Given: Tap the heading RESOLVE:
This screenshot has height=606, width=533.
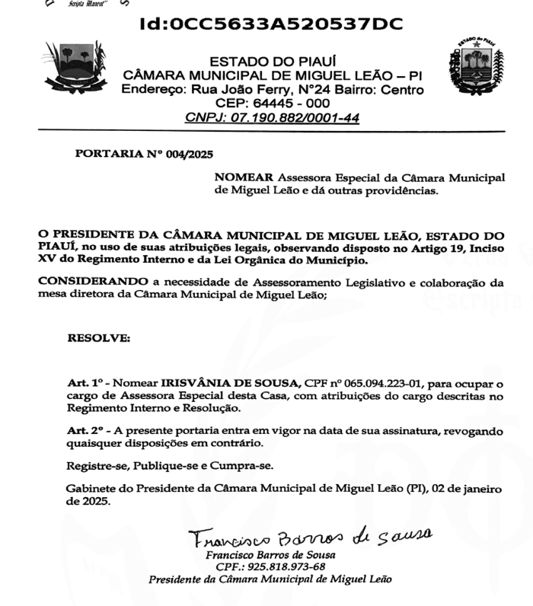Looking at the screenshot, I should click(x=99, y=336).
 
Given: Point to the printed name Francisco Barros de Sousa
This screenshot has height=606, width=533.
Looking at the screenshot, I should click(x=270, y=555).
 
